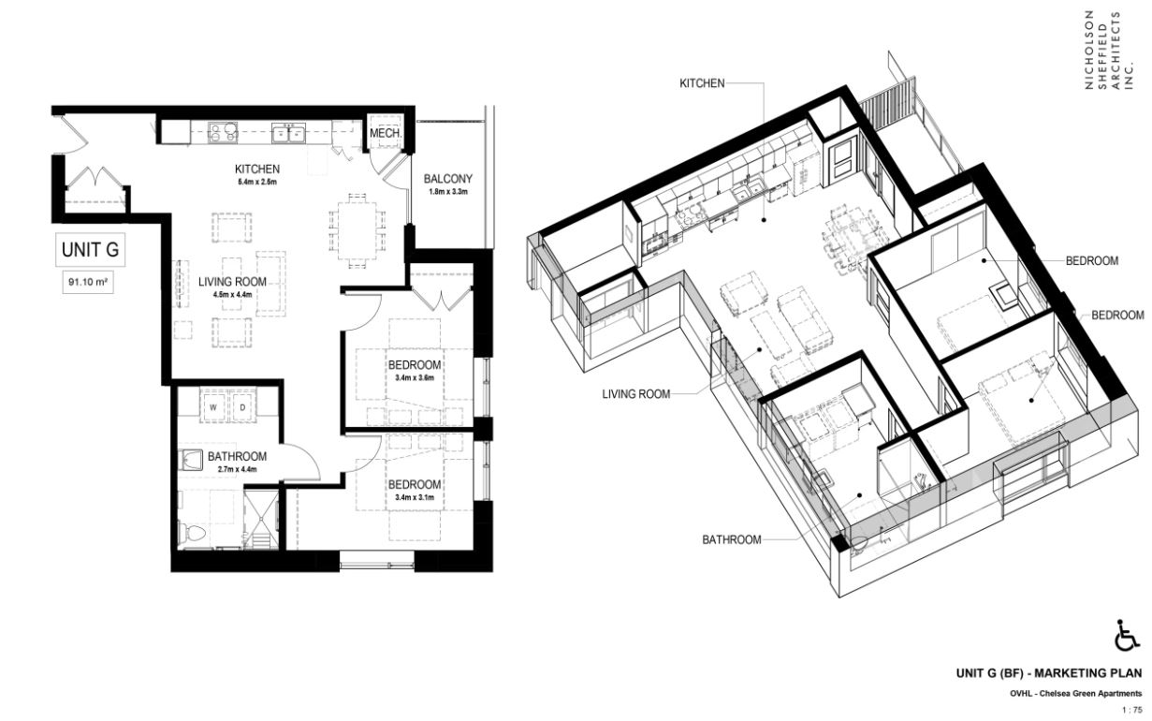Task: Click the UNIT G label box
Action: click(90, 250)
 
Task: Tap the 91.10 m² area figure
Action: click(88, 282)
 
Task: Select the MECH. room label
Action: click(386, 133)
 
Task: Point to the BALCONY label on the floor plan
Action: click(448, 179)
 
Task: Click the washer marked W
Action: click(213, 407)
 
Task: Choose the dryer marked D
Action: click(242, 407)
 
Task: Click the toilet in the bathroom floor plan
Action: click(192, 533)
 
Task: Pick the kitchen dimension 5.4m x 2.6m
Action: click(257, 182)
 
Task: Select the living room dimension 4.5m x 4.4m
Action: click(232, 295)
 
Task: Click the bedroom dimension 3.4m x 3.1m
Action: click(415, 497)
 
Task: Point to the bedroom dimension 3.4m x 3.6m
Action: click(415, 377)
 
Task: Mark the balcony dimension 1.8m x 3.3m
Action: click(448, 192)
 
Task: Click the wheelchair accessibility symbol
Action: click(1128, 635)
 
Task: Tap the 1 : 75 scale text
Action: click(1131, 710)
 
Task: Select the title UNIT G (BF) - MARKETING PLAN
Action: click(1049, 673)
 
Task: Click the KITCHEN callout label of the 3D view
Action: click(702, 83)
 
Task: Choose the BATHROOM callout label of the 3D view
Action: click(731, 540)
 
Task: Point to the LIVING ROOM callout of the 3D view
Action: click(636, 394)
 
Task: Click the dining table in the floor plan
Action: click(357, 230)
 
